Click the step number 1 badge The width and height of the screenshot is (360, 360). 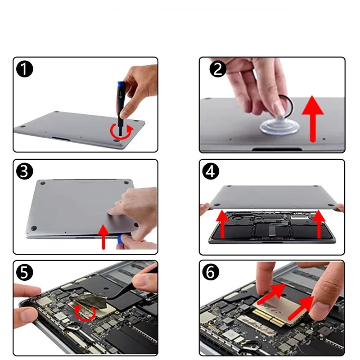pyautogui.click(x=25, y=69)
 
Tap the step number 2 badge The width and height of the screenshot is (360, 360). pyautogui.click(x=218, y=69)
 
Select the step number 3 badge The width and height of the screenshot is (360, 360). pyautogui.click(x=25, y=171)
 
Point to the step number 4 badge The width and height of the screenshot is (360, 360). pyautogui.click(x=211, y=171)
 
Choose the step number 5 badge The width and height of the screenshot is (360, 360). pyautogui.click(x=25, y=272)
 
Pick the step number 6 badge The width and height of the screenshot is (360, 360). pyautogui.click(x=211, y=272)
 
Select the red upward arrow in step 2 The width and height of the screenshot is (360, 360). pyautogui.click(x=312, y=119)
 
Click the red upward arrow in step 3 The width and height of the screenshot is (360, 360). pyautogui.click(x=103, y=237)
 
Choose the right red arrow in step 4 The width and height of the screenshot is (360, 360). pyautogui.click(x=319, y=224)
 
